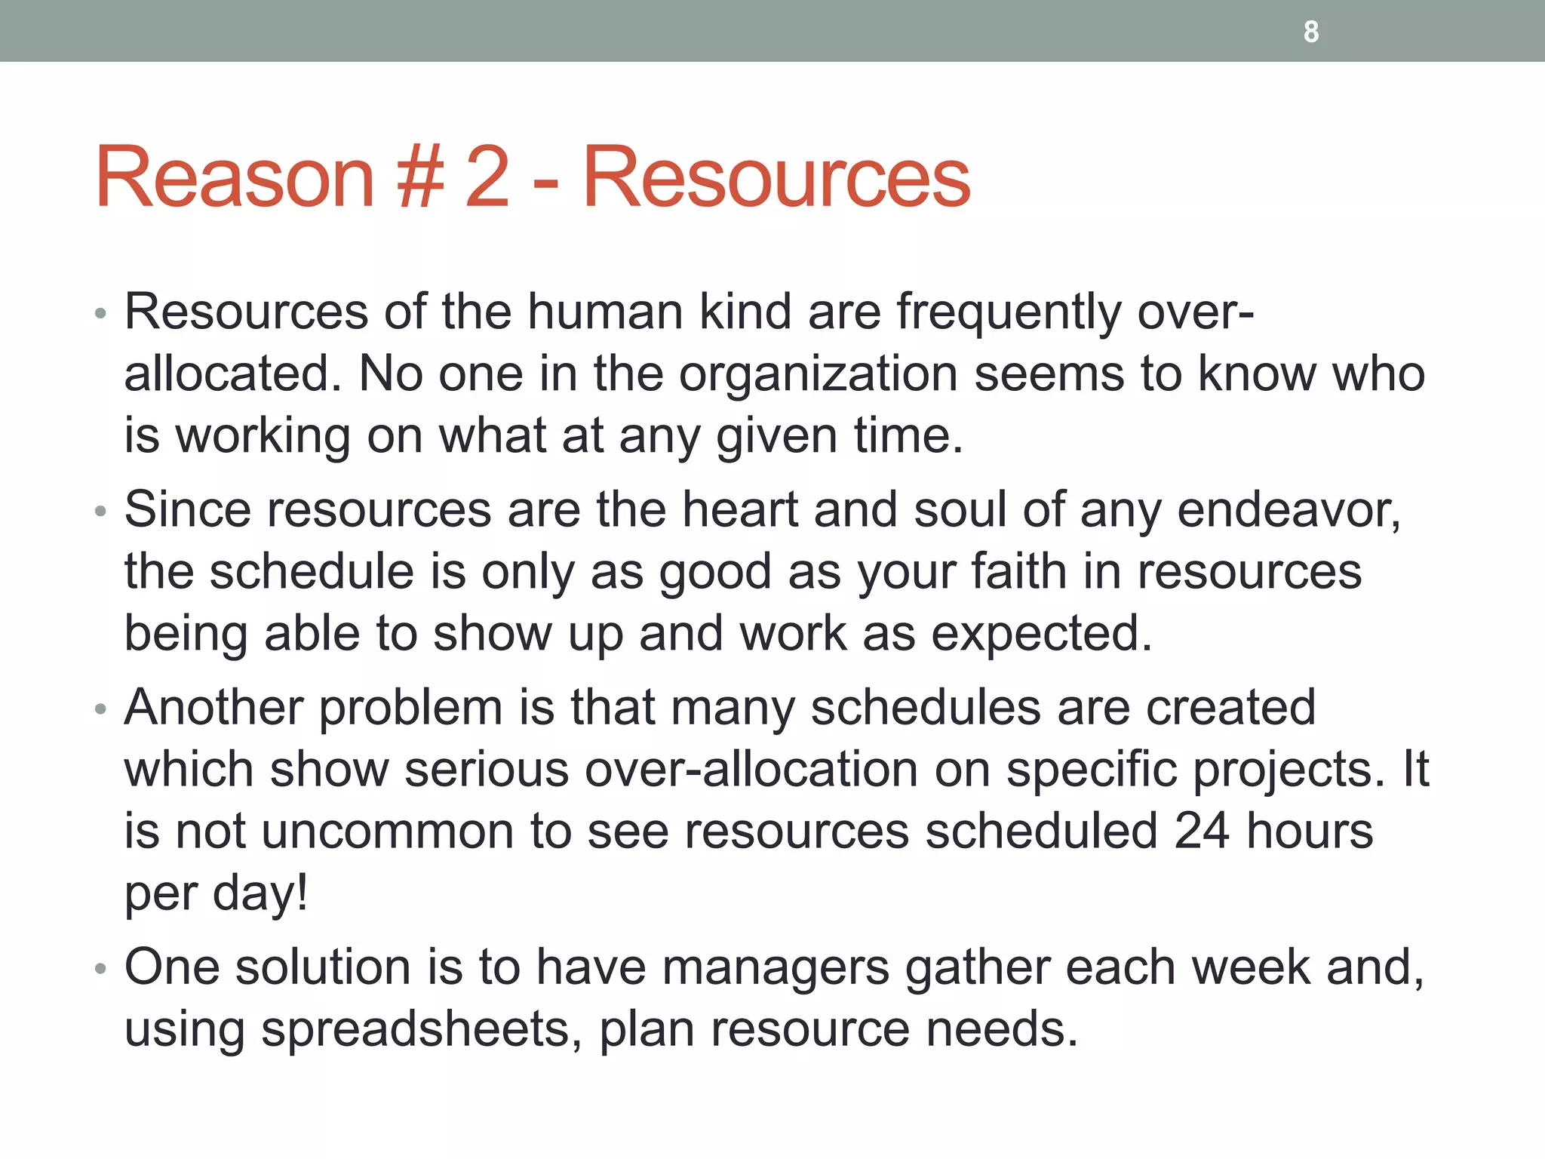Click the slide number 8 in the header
pyautogui.click(x=1311, y=32)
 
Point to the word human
pyautogui.click(x=605, y=312)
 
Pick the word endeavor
pyautogui.click(x=1289, y=511)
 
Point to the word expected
pyautogui.click(x=1042, y=635)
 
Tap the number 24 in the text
pyautogui.click(x=1202, y=832)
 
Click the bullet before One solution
pyautogui.click(x=101, y=968)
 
